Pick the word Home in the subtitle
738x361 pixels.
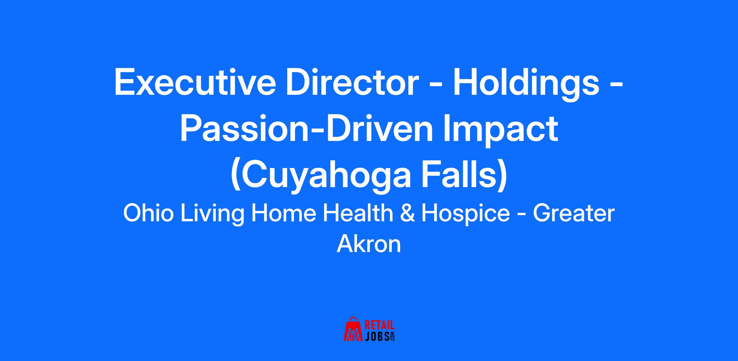click(x=284, y=213)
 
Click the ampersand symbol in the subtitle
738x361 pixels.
click(x=407, y=214)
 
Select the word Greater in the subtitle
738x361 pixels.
click(x=574, y=214)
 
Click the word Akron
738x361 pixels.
click(x=369, y=244)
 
